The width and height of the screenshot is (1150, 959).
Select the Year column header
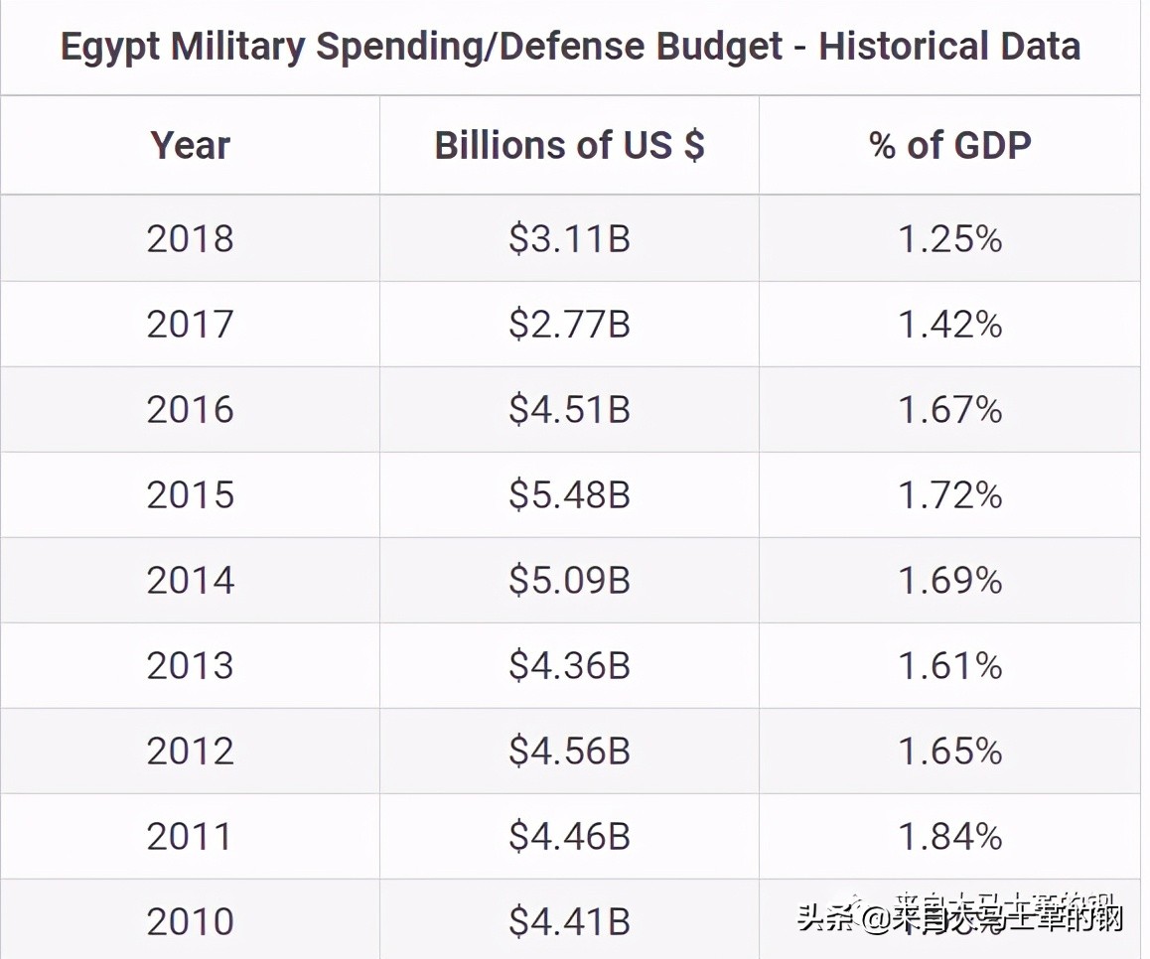190,146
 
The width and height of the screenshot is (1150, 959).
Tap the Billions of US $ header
569,146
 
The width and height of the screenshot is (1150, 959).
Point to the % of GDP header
950,146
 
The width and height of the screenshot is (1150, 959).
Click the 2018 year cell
190,239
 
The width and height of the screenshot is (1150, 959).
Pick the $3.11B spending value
569,239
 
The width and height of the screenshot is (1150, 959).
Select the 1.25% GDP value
950,239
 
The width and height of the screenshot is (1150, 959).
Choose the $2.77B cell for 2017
569,325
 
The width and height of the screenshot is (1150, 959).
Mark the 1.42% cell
950,325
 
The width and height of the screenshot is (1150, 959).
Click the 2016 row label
190,410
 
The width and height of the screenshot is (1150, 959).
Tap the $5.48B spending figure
569,495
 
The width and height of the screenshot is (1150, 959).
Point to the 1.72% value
950,495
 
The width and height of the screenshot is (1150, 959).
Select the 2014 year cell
190,581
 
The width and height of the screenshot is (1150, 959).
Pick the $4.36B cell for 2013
569,666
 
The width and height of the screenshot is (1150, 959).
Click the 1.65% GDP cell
950,752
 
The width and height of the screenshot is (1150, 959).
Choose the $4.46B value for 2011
569,837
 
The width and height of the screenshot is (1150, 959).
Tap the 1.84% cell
950,837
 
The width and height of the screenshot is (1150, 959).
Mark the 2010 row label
190,922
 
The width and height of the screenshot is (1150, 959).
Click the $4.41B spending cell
569,922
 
